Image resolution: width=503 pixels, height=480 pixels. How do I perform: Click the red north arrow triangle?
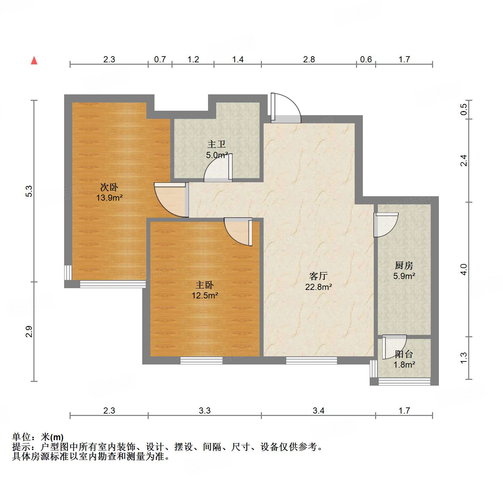[x=34, y=60]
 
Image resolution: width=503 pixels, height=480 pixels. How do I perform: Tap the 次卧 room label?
[x=109, y=187]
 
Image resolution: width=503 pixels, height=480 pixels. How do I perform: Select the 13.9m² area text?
[x=109, y=198]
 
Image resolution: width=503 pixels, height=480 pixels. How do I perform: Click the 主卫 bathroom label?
[x=217, y=144]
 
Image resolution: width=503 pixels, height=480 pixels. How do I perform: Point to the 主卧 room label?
[x=205, y=285]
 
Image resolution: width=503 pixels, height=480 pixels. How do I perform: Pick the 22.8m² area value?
[x=319, y=287]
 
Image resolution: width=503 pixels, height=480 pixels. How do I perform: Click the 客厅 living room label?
[x=319, y=276]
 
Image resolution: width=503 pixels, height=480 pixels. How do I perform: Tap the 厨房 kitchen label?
[x=404, y=265]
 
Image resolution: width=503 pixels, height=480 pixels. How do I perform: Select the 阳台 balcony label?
[x=404, y=354]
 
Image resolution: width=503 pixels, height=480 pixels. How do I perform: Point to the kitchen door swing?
[x=386, y=225]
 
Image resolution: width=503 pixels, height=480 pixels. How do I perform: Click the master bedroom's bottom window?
[x=201, y=360]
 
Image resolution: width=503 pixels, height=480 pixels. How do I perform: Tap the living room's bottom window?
[x=311, y=360]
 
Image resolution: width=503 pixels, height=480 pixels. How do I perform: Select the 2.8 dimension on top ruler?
[x=309, y=60]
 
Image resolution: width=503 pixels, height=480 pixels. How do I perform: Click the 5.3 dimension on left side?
[x=29, y=191]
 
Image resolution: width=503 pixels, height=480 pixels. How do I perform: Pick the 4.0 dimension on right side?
[x=463, y=269]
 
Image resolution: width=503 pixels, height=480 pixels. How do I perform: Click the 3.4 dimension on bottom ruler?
[x=319, y=411]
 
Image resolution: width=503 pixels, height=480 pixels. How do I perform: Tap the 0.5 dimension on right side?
[x=463, y=109]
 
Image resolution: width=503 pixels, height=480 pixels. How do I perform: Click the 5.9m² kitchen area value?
[x=404, y=276]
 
